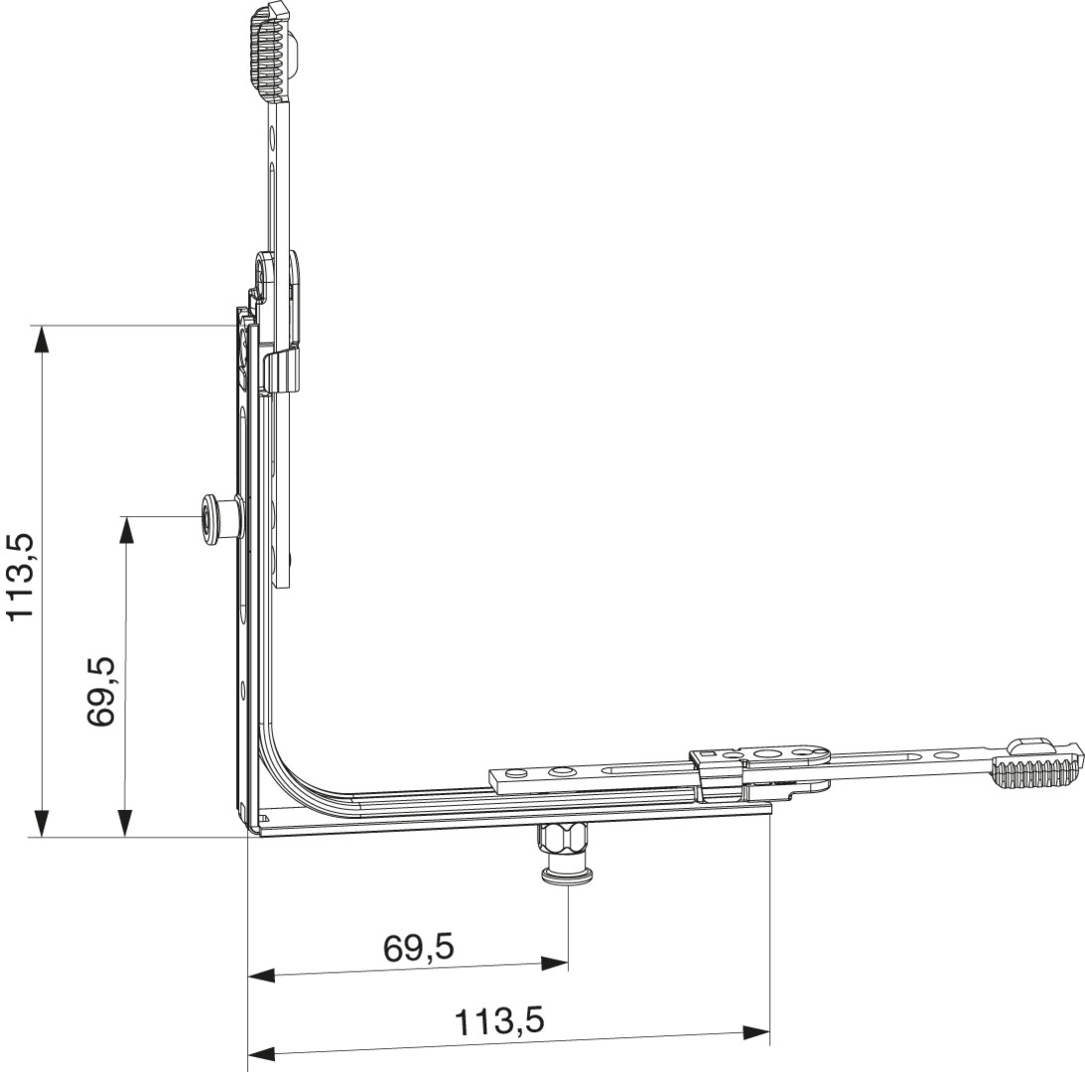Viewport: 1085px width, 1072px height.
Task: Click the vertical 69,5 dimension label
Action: tap(100, 692)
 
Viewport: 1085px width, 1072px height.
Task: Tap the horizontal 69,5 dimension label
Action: tap(419, 947)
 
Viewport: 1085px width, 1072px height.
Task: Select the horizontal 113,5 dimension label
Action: tap(499, 1021)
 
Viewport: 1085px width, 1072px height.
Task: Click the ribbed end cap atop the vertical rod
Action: tap(273, 50)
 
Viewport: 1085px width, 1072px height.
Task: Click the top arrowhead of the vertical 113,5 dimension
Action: tap(42, 339)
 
